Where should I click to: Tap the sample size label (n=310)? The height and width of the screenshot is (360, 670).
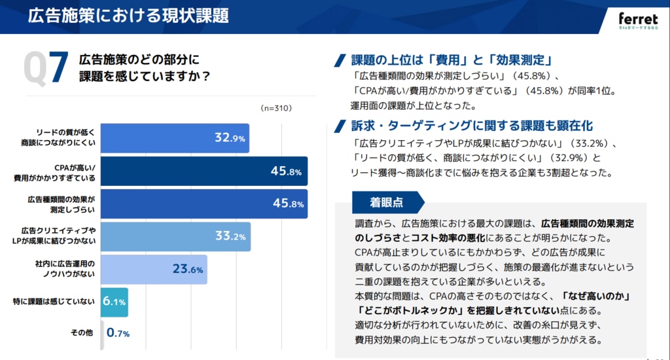click(x=275, y=107)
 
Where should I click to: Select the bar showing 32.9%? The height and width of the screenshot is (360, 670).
click(x=175, y=138)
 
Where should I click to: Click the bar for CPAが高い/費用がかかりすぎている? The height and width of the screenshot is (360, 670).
click(x=204, y=171)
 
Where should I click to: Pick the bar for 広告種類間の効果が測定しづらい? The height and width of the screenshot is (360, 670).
click(x=204, y=204)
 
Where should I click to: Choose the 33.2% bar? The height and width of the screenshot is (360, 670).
click(x=175, y=236)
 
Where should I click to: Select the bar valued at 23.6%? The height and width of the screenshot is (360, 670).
click(x=154, y=269)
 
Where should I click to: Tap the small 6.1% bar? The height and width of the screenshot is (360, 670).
click(x=114, y=302)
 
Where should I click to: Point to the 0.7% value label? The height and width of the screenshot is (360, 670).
click(x=118, y=333)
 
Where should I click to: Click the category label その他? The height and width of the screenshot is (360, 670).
click(x=82, y=333)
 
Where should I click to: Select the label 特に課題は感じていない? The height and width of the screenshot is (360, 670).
click(x=54, y=302)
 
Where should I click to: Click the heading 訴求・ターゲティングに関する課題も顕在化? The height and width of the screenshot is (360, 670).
click(x=472, y=126)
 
